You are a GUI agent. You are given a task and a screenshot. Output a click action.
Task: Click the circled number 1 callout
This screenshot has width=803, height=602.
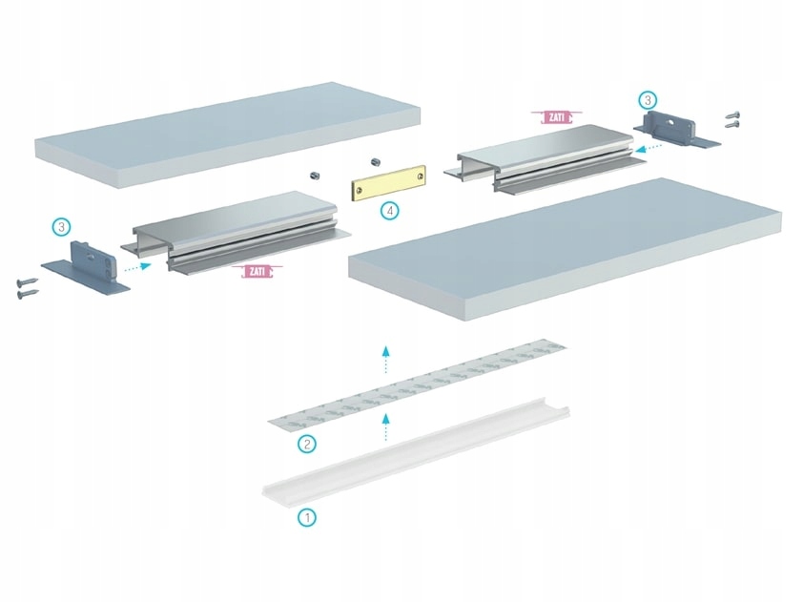point(307,518)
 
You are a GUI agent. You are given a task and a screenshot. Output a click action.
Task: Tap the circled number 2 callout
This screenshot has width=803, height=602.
point(306,444)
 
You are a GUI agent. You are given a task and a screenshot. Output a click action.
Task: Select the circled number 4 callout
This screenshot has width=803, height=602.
point(388,211)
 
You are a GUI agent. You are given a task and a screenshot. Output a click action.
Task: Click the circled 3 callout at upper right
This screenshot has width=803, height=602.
point(648,99)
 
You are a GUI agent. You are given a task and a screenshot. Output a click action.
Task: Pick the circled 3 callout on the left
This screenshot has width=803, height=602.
point(62,227)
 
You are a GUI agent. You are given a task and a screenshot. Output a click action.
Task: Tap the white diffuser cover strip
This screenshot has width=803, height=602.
point(416,452)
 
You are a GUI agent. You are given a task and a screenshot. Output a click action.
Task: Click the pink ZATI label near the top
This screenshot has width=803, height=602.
point(556,117)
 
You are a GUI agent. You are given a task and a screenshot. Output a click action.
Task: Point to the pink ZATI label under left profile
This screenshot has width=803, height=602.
point(257,272)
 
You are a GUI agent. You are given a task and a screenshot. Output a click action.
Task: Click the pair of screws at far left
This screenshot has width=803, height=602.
point(26,287)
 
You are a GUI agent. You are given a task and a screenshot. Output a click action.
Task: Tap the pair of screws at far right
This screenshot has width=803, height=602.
point(732,118)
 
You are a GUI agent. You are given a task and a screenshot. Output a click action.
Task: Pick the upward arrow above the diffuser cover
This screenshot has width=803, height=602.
point(385,426)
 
